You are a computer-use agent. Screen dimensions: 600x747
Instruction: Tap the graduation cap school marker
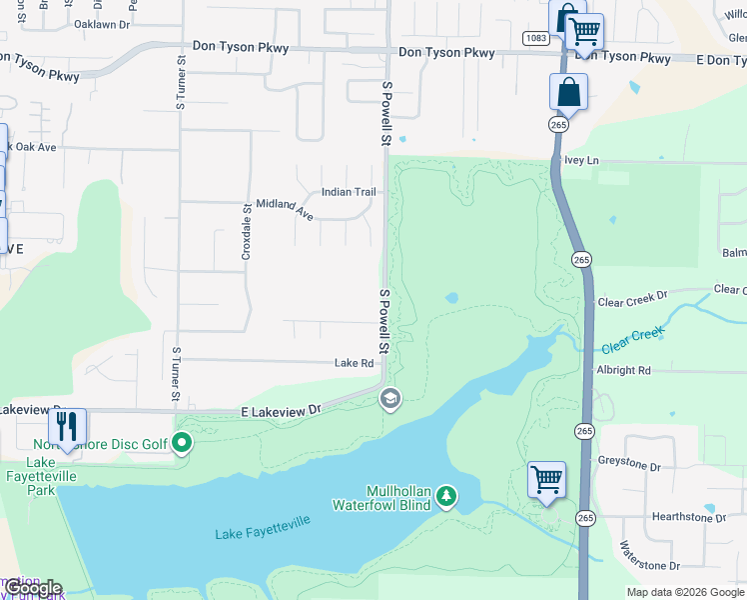[x=389, y=400]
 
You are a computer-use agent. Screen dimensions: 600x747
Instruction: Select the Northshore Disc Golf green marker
[x=182, y=442]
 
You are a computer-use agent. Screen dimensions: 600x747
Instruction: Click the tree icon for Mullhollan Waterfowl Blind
[x=447, y=496]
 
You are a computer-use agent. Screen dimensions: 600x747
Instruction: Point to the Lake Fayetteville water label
[x=263, y=528]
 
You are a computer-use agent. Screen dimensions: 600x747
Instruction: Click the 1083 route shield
[x=534, y=38]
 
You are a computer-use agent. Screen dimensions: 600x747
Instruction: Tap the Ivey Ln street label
[x=581, y=160]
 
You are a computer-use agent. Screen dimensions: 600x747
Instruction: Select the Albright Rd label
[x=623, y=370]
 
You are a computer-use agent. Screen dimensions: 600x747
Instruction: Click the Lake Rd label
[x=354, y=364]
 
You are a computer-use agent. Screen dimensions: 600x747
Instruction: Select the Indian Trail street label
[x=349, y=192]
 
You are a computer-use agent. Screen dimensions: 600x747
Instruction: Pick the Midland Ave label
[x=285, y=208]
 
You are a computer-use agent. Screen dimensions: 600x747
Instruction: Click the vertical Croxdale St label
[x=247, y=232]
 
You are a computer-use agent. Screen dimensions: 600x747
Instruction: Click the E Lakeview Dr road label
[x=281, y=410]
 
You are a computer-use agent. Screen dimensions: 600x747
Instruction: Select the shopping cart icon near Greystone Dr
[x=546, y=479]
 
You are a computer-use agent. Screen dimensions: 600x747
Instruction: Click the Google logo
[x=32, y=588]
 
